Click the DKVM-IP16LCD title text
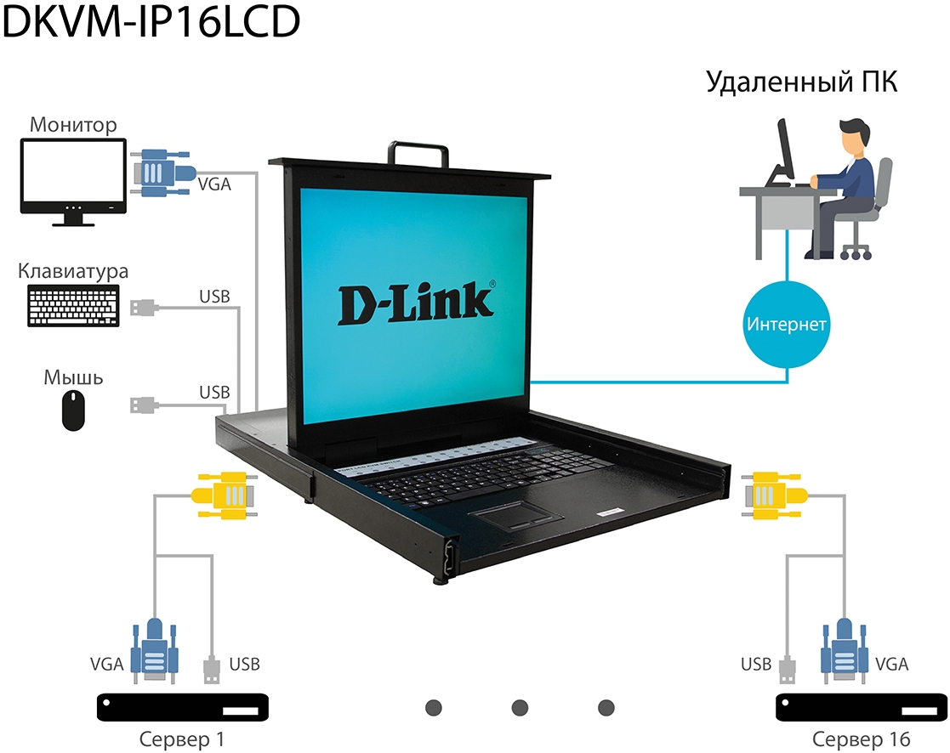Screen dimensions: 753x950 (x=151, y=22)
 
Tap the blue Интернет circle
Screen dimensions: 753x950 (x=787, y=324)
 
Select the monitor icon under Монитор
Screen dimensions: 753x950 (x=74, y=182)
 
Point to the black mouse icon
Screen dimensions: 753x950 (x=74, y=410)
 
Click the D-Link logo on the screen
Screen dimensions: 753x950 (x=416, y=303)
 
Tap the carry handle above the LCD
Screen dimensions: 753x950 (x=418, y=151)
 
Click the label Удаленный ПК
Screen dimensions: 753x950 (x=802, y=83)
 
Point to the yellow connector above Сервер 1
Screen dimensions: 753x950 (x=225, y=494)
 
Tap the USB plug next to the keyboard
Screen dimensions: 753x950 (x=144, y=307)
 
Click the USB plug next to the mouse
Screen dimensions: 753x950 (x=143, y=404)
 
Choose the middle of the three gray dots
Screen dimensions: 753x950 (x=520, y=707)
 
